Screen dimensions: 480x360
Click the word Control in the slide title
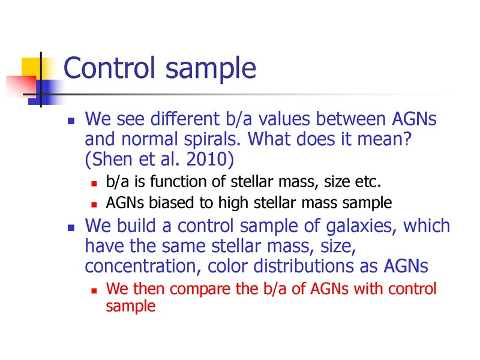109,67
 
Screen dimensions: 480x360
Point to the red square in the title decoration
21,86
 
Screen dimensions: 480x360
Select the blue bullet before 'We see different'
71,122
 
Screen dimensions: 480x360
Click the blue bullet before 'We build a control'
71,228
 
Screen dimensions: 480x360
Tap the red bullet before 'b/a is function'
94,184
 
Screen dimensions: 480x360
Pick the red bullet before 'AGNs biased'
94,205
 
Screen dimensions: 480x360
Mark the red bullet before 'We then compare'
94,290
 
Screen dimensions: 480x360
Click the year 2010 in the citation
207,159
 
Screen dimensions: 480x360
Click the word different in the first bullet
185,118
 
